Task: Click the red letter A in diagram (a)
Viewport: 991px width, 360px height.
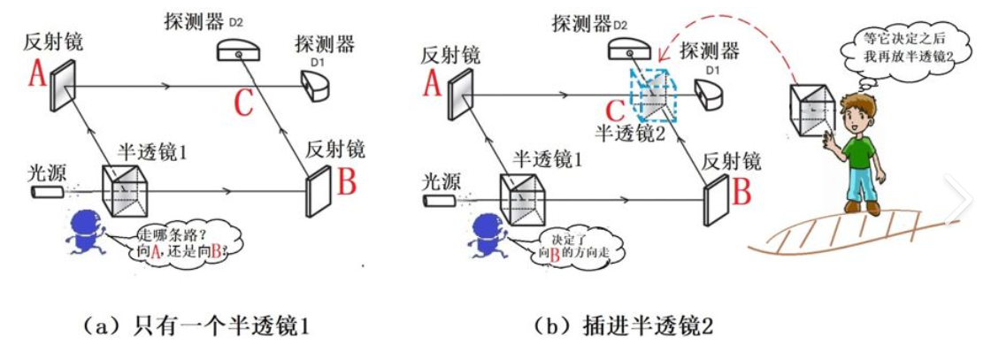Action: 37,75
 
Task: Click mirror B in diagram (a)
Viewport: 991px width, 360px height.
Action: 317,188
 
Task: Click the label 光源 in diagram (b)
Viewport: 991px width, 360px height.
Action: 440,181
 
